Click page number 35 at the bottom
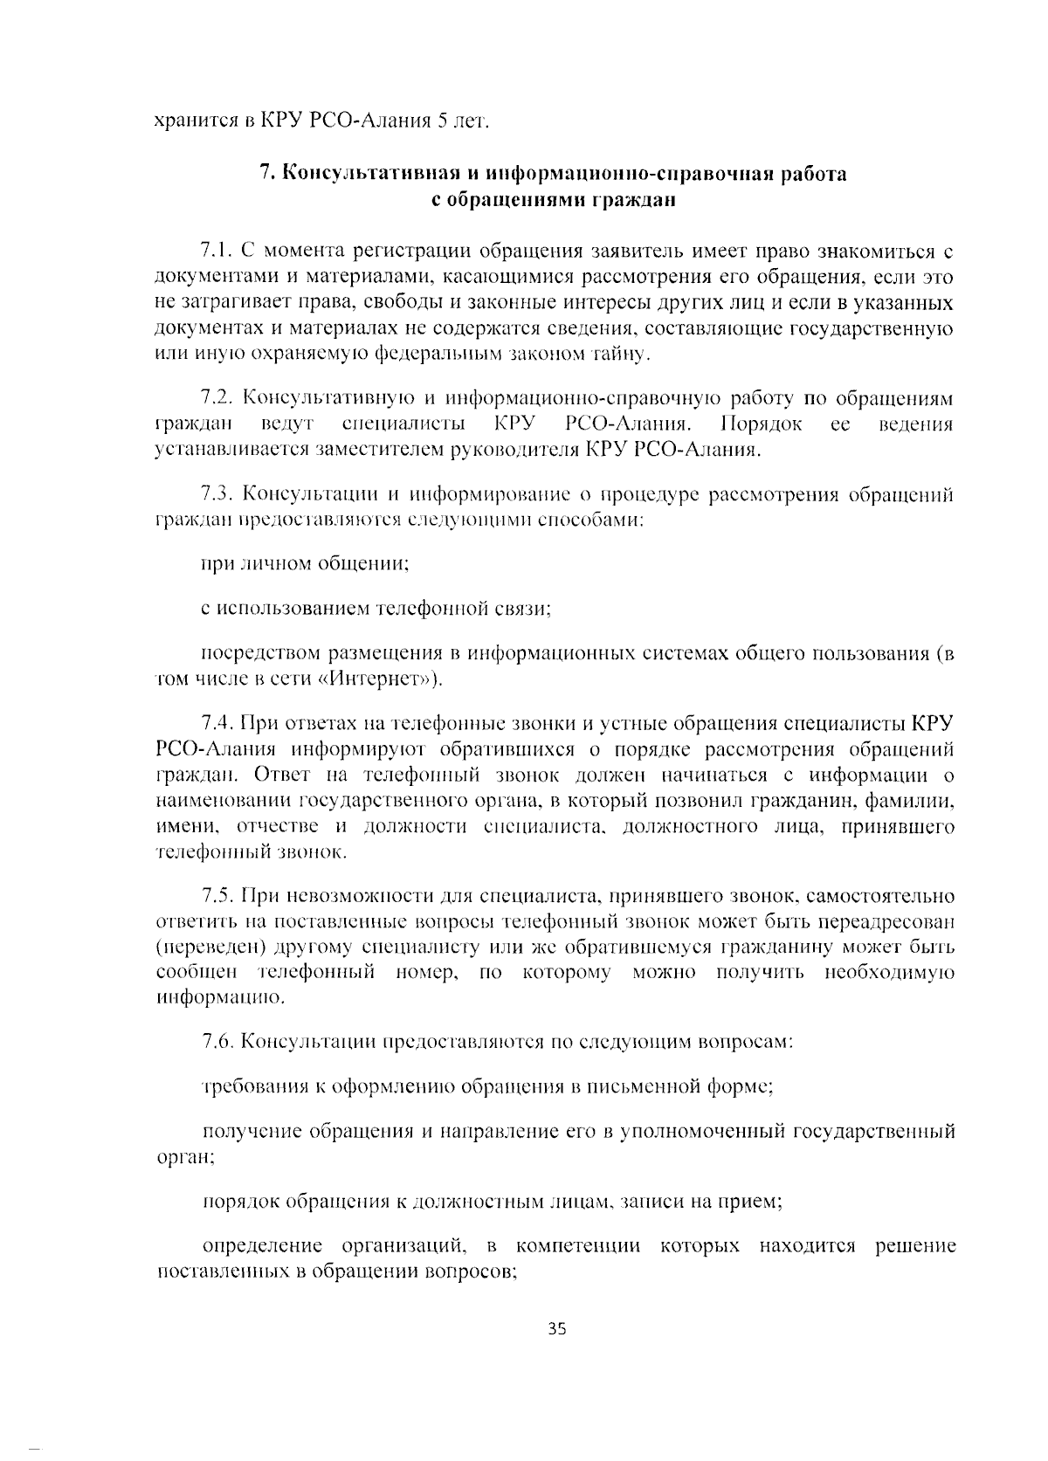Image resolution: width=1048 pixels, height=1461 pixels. pyautogui.click(x=558, y=1329)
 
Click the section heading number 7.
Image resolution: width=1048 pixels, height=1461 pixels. pyautogui.click(x=267, y=174)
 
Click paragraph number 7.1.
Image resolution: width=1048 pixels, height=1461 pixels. pyautogui.click(x=214, y=252)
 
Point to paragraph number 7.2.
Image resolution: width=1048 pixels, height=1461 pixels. pyautogui.click(x=214, y=399)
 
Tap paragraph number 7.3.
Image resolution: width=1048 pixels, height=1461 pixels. pyautogui.click(x=214, y=495)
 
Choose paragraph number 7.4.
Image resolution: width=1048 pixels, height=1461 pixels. pyautogui.click(x=214, y=723)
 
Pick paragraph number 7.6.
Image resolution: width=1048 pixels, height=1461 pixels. pyautogui.click(x=214, y=1041)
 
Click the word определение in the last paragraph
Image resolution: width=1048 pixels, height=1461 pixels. pyautogui.click(x=262, y=1245)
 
